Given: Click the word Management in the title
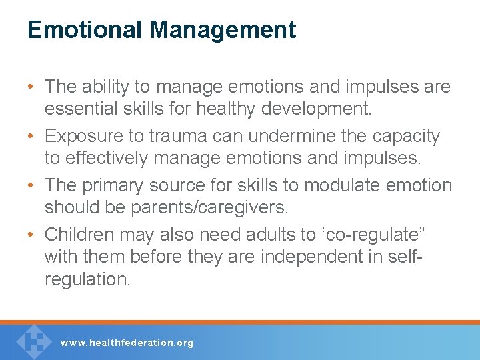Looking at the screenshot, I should pyautogui.click(x=223, y=30).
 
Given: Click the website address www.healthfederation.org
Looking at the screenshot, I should pyautogui.click(x=127, y=343).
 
